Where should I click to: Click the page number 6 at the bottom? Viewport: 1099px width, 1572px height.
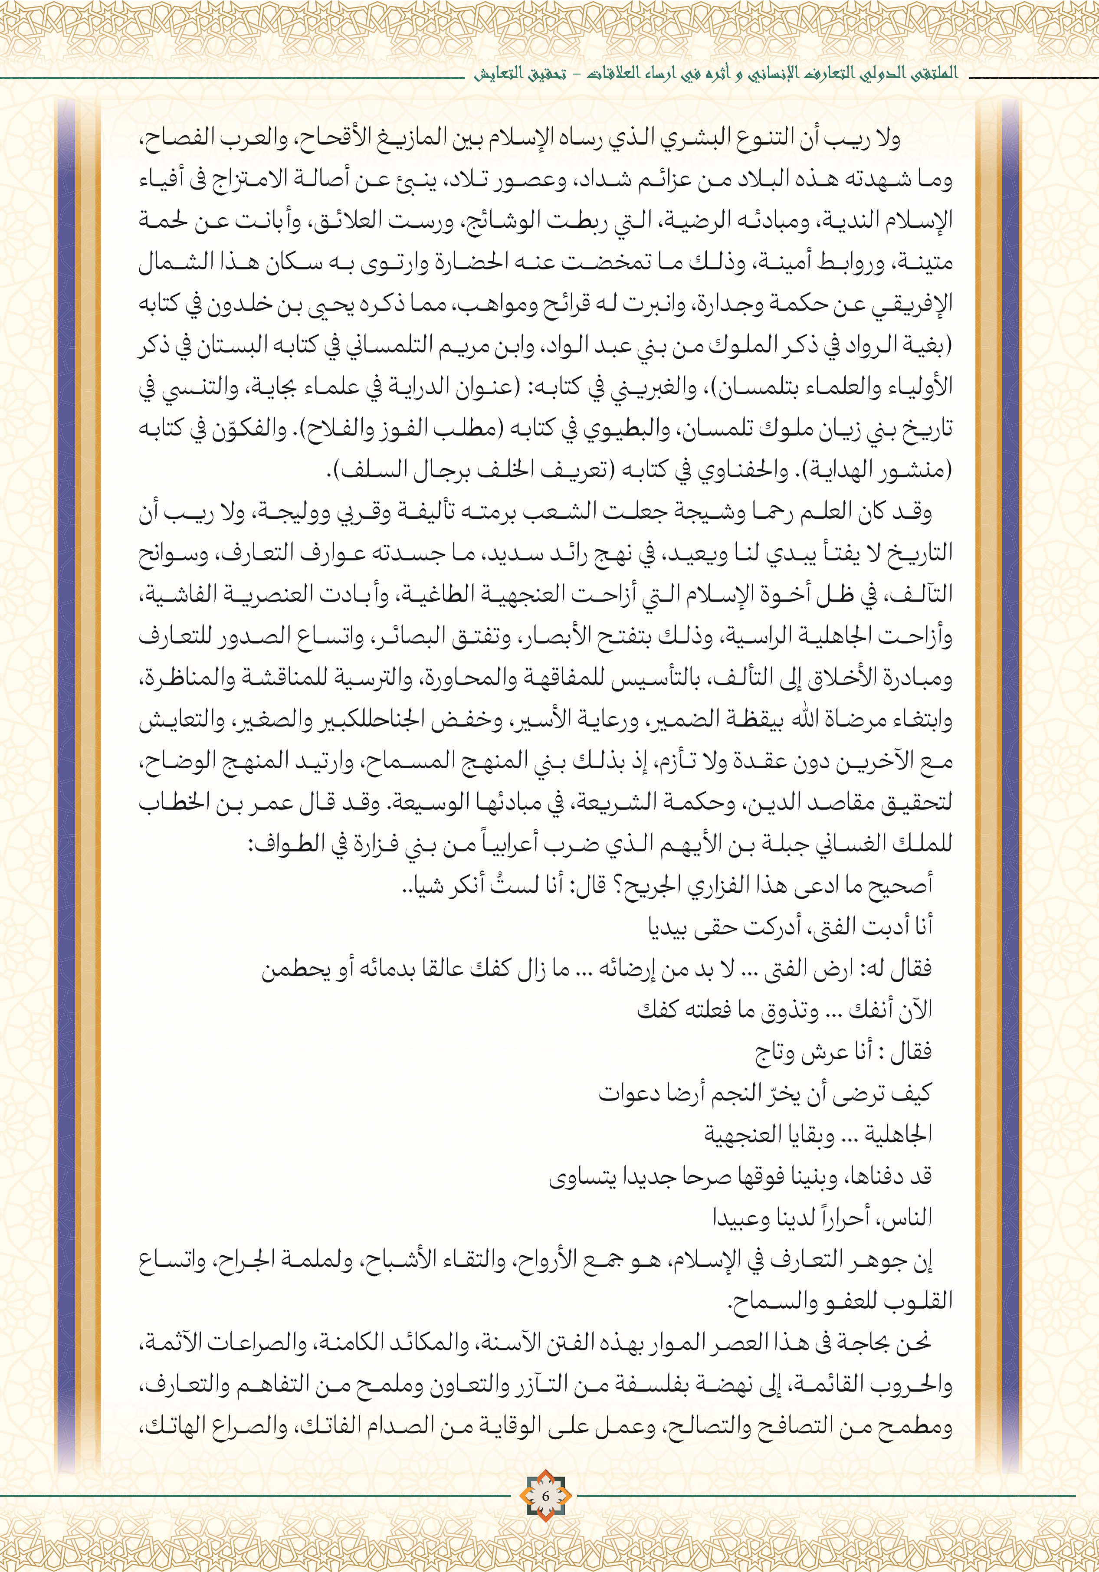click(x=545, y=1495)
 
